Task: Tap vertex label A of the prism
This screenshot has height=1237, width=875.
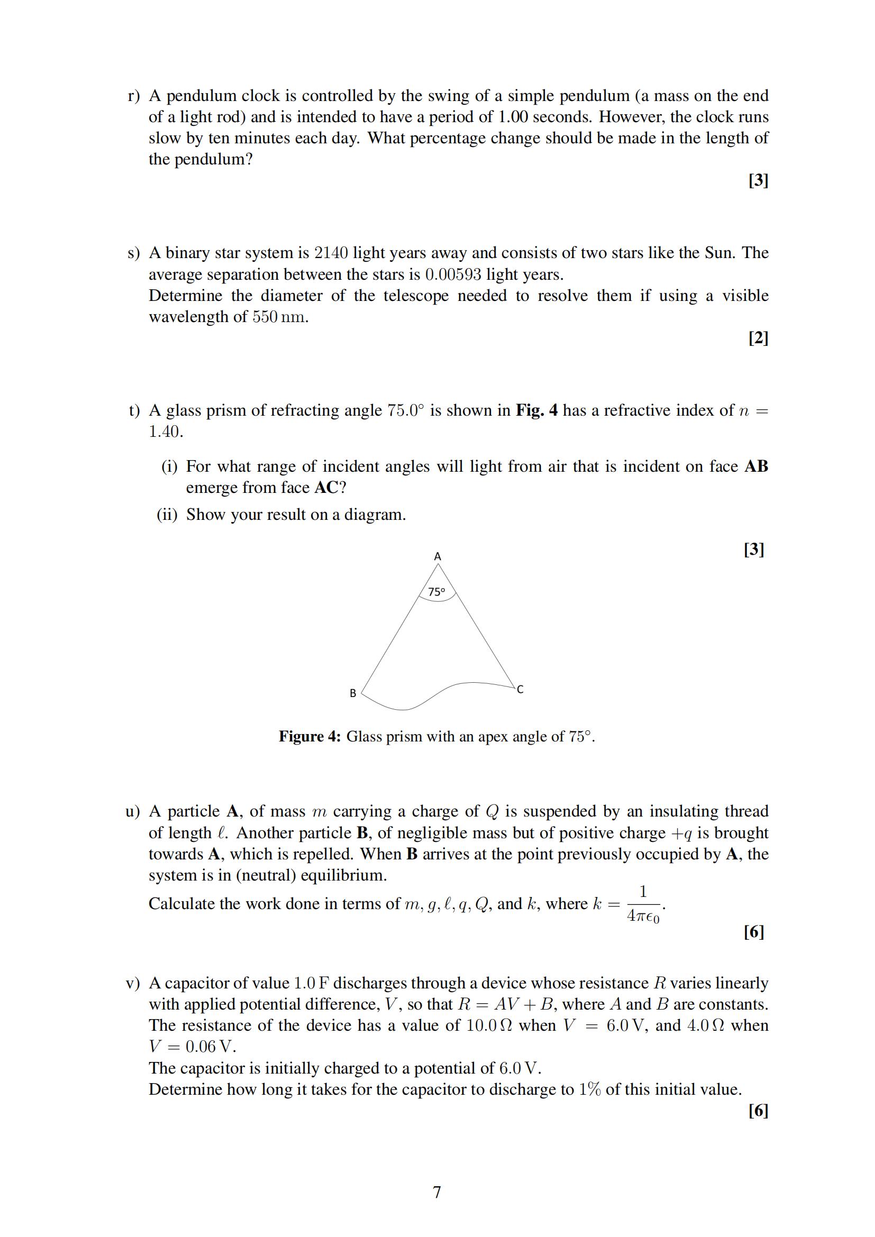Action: [437, 556]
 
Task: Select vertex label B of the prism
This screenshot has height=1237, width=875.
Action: [353, 693]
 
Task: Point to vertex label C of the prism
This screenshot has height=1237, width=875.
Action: [520, 689]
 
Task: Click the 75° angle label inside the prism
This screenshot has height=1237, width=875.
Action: [436, 592]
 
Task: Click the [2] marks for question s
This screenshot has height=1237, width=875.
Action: [758, 338]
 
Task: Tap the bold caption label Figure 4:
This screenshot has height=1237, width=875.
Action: [310, 736]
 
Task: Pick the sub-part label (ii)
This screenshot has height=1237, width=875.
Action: [167, 515]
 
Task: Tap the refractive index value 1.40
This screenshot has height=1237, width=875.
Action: [166, 432]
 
